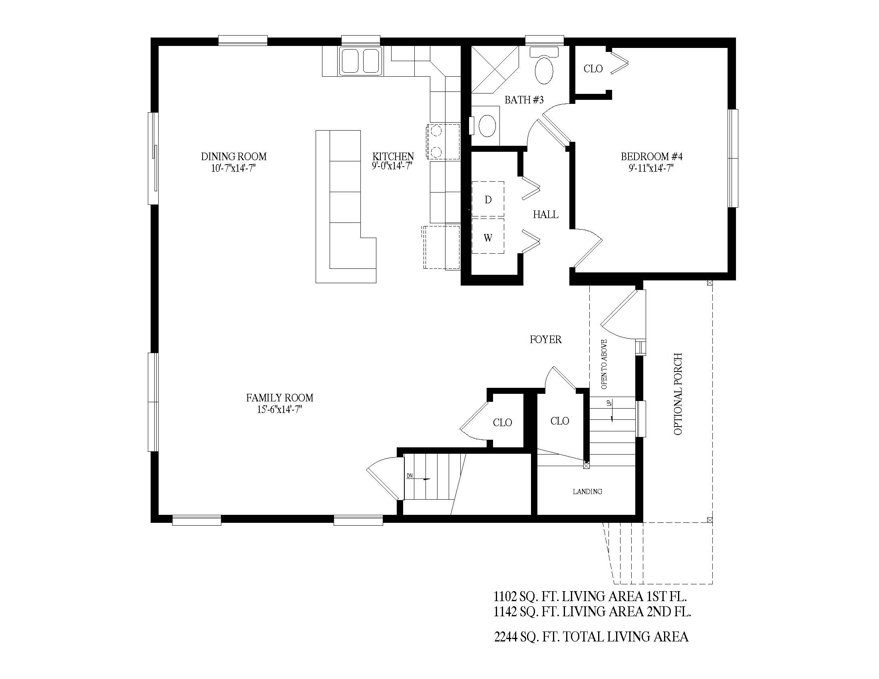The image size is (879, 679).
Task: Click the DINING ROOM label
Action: (234, 157)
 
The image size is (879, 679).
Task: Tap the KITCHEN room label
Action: (393, 156)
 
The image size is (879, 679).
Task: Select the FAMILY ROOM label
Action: (280, 398)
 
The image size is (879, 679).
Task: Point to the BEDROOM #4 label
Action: (652, 157)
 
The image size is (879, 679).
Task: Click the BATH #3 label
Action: (524, 100)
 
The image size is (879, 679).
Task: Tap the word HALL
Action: (546, 214)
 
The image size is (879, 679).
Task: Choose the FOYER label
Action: (546, 339)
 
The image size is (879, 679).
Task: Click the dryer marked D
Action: (488, 200)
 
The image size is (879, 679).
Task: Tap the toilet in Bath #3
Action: (544, 66)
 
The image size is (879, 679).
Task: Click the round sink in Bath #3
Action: (487, 125)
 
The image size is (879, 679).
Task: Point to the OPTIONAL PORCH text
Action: (678, 394)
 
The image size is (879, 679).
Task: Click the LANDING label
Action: (588, 492)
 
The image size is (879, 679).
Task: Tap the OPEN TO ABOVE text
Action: (604, 364)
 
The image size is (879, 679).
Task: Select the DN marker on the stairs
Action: (410, 476)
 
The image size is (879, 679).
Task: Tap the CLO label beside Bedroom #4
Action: (593, 69)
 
